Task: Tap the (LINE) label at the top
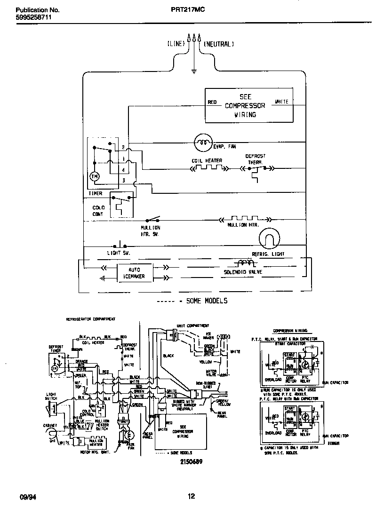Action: click(176, 44)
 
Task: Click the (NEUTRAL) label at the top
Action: click(219, 44)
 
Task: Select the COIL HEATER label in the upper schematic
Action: click(207, 160)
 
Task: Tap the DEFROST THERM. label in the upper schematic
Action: click(256, 159)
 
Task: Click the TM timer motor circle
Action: click(94, 176)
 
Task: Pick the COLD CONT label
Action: click(98, 211)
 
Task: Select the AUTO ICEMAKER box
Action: click(134, 273)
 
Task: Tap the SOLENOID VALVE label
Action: click(243, 272)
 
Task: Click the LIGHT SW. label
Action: click(118, 254)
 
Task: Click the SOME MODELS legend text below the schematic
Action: click(207, 301)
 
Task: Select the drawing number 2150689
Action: click(190, 461)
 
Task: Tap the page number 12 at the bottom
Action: click(191, 496)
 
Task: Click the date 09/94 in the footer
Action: click(26, 496)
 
